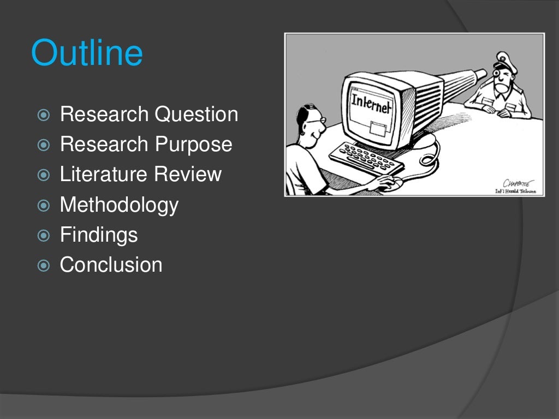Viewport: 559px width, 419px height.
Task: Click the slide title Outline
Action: [87, 53]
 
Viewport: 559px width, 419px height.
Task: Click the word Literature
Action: [103, 175]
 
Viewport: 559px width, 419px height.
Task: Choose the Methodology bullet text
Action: [119, 205]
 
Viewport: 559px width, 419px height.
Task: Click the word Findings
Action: [98, 235]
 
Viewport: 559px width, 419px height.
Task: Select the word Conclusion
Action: [111, 265]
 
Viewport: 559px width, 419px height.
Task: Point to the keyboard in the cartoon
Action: [366, 159]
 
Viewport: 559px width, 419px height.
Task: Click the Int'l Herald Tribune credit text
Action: [515, 191]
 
